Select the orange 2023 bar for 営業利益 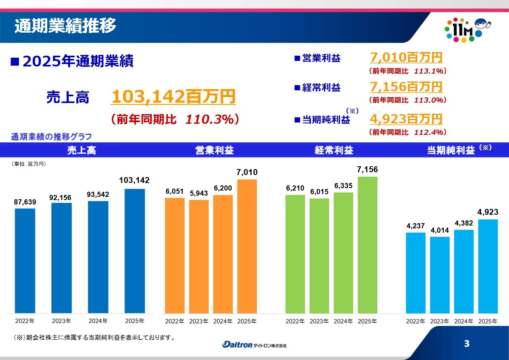(199, 257)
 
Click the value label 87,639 (25, 202)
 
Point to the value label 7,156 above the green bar (367, 170)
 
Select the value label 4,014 (439, 231)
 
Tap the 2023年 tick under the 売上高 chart (61, 321)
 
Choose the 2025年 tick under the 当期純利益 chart (488, 321)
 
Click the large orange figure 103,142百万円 (173, 97)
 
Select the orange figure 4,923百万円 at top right (406, 119)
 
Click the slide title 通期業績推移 (65, 26)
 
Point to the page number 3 (466, 344)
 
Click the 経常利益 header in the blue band (334, 150)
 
